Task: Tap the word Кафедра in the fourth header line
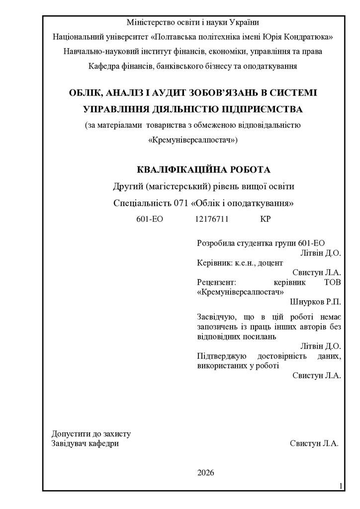(103, 66)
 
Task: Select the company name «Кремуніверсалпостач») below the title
(193, 140)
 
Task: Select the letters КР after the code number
(266, 219)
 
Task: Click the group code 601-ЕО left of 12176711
(150, 219)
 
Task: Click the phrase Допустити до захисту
(91, 433)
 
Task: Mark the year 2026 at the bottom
(205, 472)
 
